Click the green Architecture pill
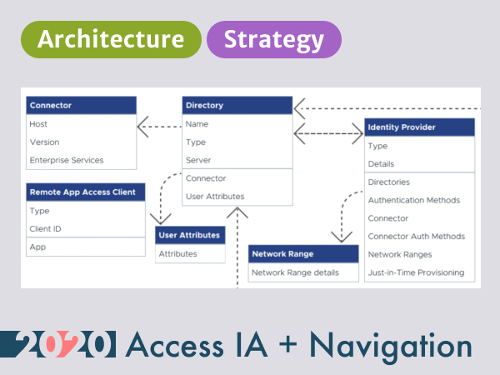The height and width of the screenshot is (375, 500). (x=111, y=39)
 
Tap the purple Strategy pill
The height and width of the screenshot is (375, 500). (x=274, y=39)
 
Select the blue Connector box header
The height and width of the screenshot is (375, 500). (x=81, y=106)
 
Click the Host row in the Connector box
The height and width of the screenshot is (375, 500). (x=39, y=124)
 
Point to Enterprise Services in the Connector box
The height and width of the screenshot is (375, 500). (x=67, y=160)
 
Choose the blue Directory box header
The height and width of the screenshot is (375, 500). (x=237, y=106)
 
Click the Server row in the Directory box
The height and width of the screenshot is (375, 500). (x=198, y=160)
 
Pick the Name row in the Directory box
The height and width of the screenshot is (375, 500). (x=197, y=124)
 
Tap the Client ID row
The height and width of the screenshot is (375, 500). (x=46, y=228)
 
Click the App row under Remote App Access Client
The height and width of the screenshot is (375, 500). (x=37, y=247)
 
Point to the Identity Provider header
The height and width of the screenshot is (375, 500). (x=419, y=127)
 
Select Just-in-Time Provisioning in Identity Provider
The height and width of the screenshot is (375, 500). (x=416, y=272)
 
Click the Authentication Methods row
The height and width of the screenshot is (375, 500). (x=414, y=200)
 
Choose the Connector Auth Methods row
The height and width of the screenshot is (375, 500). (x=416, y=237)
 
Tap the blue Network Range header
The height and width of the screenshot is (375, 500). (x=304, y=254)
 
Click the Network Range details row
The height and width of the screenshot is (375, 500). (x=303, y=272)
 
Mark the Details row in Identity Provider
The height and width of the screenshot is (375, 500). (x=381, y=164)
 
